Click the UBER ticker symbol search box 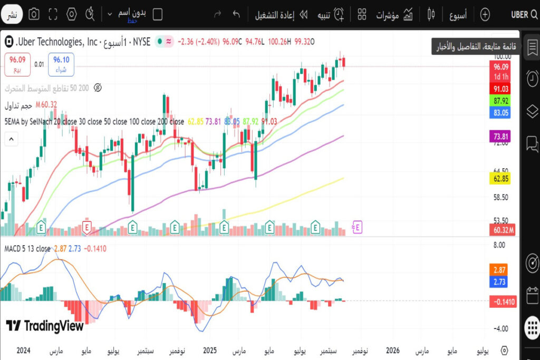[524, 14]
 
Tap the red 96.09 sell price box [17, 64]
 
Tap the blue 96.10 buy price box [61, 64]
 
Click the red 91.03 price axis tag [501, 89]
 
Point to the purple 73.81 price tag [501, 137]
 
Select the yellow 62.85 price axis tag [501, 179]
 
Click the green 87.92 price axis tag [501, 101]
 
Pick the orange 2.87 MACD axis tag [500, 269]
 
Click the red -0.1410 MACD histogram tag [502, 301]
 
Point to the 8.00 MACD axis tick [499, 245]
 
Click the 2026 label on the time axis [392, 351]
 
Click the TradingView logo [45, 326]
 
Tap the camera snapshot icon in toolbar [34, 14]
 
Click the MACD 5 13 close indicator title [27, 248]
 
